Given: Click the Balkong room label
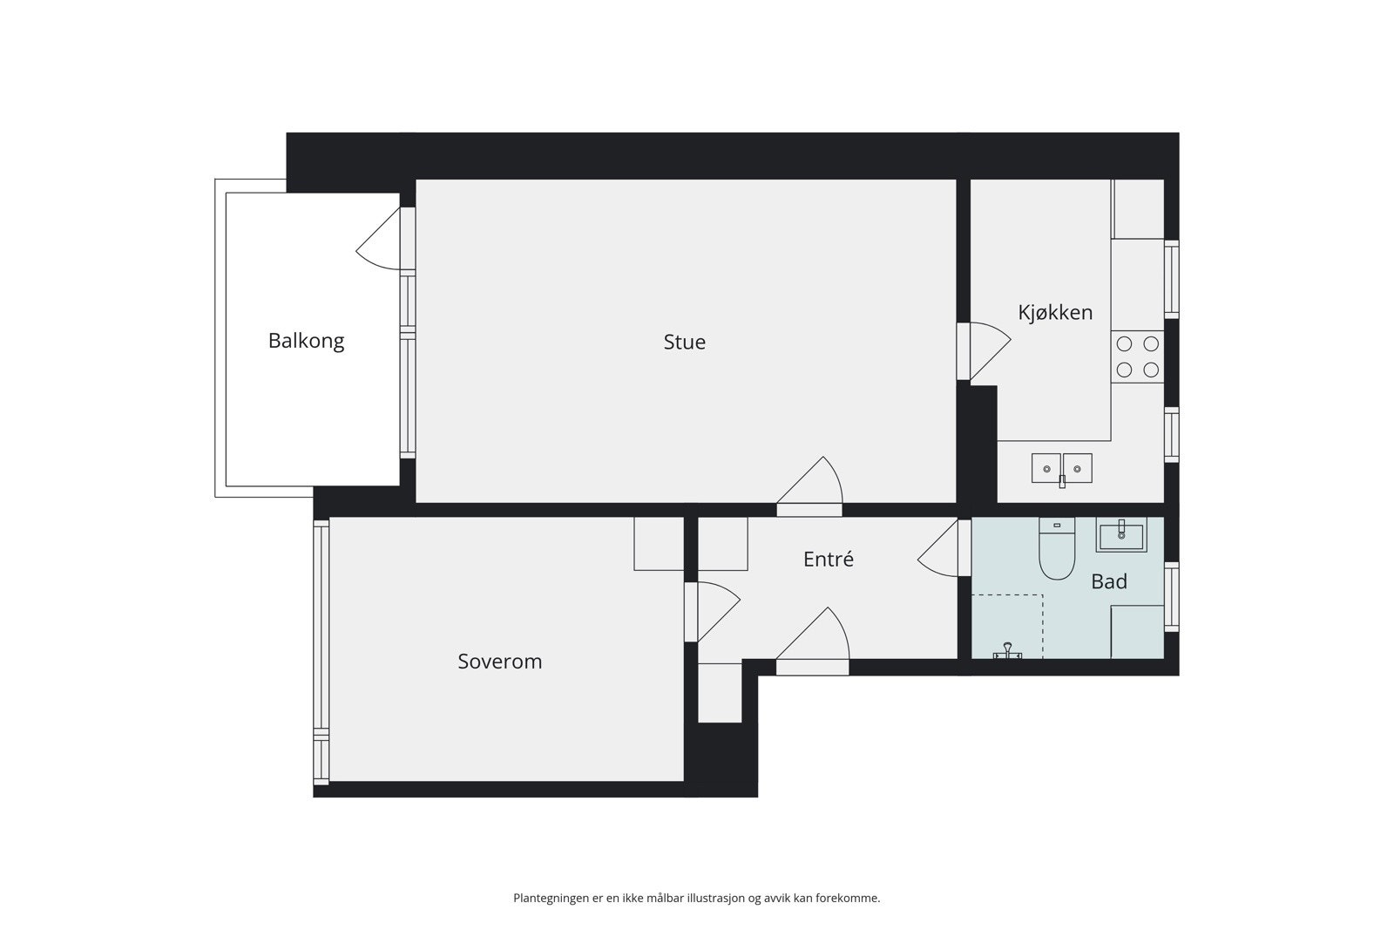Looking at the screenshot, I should pyautogui.click(x=306, y=341).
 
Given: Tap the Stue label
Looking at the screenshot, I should pyautogui.click(x=684, y=342).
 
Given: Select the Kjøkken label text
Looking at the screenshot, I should pyautogui.click(x=1055, y=312).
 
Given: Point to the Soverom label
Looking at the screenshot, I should pyautogui.click(x=499, y=662).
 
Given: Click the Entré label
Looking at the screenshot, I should pyautogui.click(x=828, y=560).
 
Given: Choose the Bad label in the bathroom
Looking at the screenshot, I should pyautogui.click(x=1108, y=581).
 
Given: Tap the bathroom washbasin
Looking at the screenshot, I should pyautogui.click(x=1121, y=534).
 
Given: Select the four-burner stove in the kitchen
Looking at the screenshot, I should pyautogui.click(x=1137, y=356).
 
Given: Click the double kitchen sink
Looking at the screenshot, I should pyautogui.click(x=1062, y=469).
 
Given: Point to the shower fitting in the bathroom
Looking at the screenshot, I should pyautogui.click(x=1007, y=651).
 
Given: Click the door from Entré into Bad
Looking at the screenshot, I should pyautogui.click(x=941, y=549).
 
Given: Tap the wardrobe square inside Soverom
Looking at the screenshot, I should pyautogui.click(x=658, y=543).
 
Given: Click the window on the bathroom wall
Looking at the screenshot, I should pyautogui.click(x=1172, y=596).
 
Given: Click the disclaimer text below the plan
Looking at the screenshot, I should pyautogui.click(x=696, y=898).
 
